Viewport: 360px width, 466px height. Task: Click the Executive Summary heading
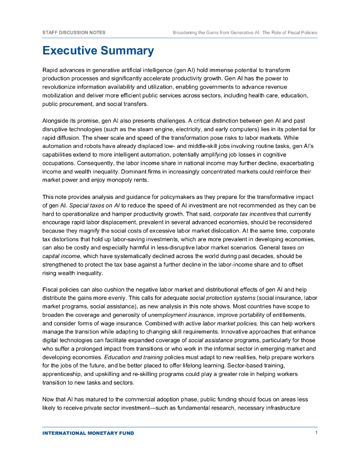point(98,51)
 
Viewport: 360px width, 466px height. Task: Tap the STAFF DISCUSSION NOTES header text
point(74,33)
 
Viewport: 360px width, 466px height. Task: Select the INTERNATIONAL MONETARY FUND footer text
point(88,433)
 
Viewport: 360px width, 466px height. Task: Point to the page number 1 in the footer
point(316,433)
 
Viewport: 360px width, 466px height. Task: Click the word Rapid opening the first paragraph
point(51,71)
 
